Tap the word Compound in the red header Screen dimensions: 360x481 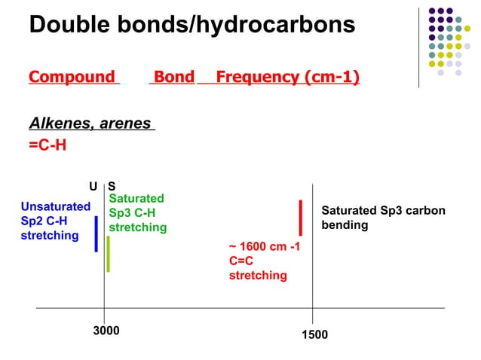tap(72, 77)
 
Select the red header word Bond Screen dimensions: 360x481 tap(173, 77)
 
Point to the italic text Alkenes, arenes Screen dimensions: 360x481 tap(90, 124)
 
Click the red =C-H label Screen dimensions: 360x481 tap(47, 145)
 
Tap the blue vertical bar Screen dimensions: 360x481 tap(97, 233)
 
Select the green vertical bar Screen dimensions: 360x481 tap(109, 254)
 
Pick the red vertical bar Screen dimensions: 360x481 tap(300, 218)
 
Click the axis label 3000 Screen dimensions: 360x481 tap(106, 330)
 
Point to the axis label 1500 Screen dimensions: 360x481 tap(314, 334)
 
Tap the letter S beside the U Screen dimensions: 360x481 tap(112, 186)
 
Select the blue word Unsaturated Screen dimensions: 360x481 tap(56, 206)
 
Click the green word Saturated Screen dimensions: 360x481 tap(136, 198)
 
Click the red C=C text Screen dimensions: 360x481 tap(243, 261)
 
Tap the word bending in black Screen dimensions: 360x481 tap(345, 225)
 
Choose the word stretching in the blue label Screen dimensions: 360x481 tap(50, 236)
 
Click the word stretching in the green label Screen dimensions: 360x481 tap(138, 227)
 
